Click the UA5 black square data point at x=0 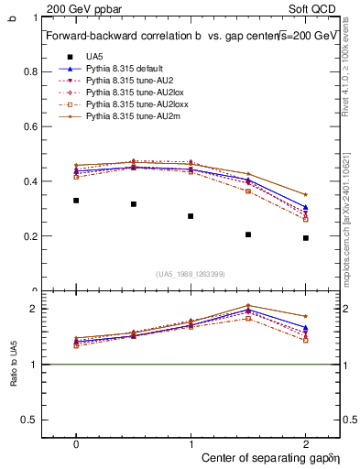pyautogui.click(x=76, y=200)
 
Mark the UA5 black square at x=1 pyautogui.click(x=191, y=216)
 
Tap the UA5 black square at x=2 pyautogui.click(x=305, y=237)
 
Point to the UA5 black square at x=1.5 pyautogui.click(x=248, y=234)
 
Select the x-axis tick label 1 pyautogui.click(x=191, y=442)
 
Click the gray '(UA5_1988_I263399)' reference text pyautogui.click(x=191, y=275)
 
